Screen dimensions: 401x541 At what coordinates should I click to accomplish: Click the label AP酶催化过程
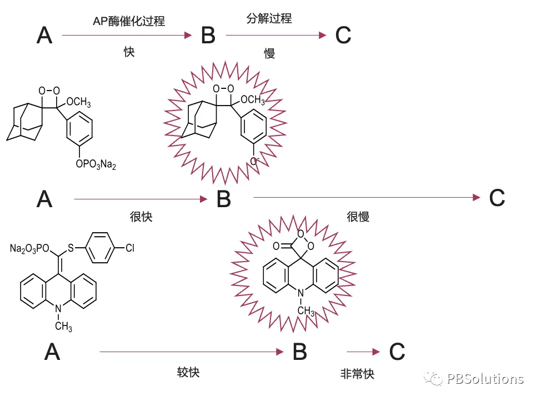click(129, 22)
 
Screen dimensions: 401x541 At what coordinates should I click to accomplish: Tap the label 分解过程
click(269, 18)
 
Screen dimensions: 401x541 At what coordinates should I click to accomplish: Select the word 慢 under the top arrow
click(269, 53)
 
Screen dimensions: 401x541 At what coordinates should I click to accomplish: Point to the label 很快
click(141, 217)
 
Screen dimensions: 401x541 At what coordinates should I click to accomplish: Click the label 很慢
click(358, 217)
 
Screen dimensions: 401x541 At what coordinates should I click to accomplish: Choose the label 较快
click(188, 372)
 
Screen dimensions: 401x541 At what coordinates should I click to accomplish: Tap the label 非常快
click(357, 374)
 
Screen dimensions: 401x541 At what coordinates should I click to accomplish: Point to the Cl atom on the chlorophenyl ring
click(129, 248)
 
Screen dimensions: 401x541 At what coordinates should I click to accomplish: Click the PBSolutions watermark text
click(485, 379)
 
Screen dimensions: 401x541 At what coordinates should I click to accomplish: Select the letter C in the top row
click(343, 36)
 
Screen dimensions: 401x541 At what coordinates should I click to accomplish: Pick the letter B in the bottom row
click(299, 352)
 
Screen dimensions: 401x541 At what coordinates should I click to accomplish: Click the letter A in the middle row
click(44, 198)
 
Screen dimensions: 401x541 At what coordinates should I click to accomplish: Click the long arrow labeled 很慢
click(367, 197)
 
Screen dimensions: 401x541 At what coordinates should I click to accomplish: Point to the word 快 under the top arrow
click(129, 52)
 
